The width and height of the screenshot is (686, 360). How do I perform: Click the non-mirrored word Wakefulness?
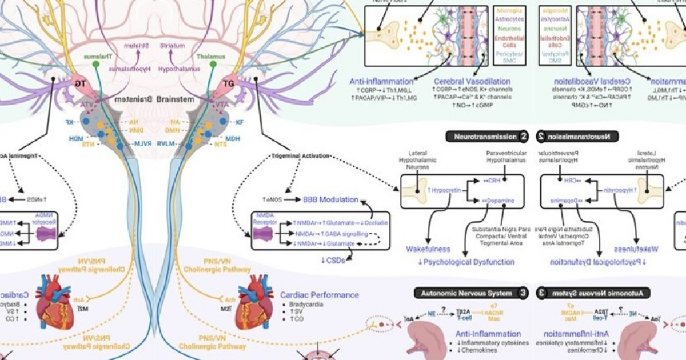tap(428, 249)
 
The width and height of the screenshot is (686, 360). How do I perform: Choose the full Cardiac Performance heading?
tap(320, 295)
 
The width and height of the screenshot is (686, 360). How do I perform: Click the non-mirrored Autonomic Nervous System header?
tap(467, 293)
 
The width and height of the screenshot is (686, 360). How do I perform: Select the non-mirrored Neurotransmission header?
tap(484, 137)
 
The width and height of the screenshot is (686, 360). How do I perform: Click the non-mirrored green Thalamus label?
tap(211, 57)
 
